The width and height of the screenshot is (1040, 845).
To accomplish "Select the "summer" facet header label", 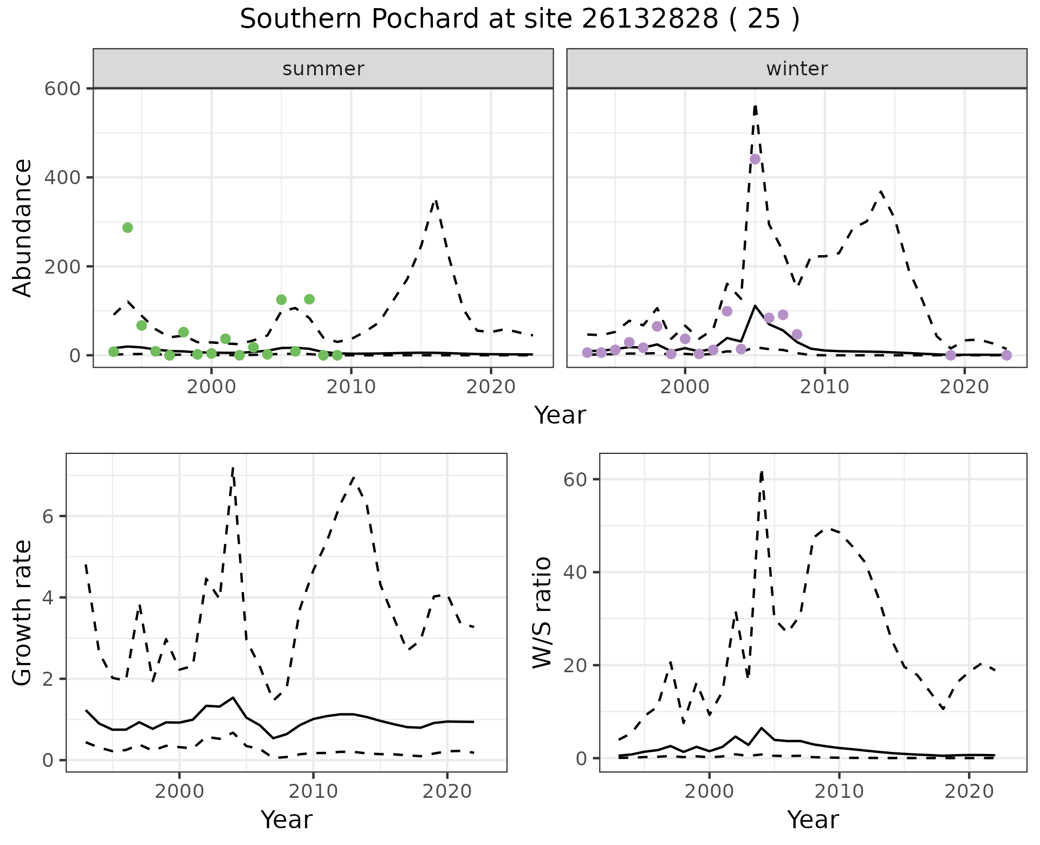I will (323, 69).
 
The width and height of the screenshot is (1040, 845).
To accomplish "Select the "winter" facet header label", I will (796, 69).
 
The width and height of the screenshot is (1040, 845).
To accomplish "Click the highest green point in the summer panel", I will (127, 227).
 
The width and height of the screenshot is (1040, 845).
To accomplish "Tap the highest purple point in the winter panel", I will (755, 159).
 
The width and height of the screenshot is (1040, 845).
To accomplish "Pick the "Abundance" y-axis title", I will (23, 227).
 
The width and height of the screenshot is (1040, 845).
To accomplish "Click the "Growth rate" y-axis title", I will (23, 613).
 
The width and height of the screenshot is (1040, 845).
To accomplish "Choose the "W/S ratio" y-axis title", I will (542, 613).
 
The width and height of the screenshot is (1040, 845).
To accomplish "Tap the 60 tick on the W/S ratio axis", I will (581, 479).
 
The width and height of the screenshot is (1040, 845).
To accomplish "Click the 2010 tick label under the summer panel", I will (351, 387).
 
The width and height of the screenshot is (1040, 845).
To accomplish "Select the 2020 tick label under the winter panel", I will (964, 387).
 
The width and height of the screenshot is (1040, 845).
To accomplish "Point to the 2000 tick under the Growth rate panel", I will (179, 791).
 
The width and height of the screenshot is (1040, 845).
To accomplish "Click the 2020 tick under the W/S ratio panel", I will (968, 791).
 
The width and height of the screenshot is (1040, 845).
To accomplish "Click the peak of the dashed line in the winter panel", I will (755, 106).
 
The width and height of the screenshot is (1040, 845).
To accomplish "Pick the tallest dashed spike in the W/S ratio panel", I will (762, 472).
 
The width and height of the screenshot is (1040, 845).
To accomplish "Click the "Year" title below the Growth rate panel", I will (287, 820).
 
